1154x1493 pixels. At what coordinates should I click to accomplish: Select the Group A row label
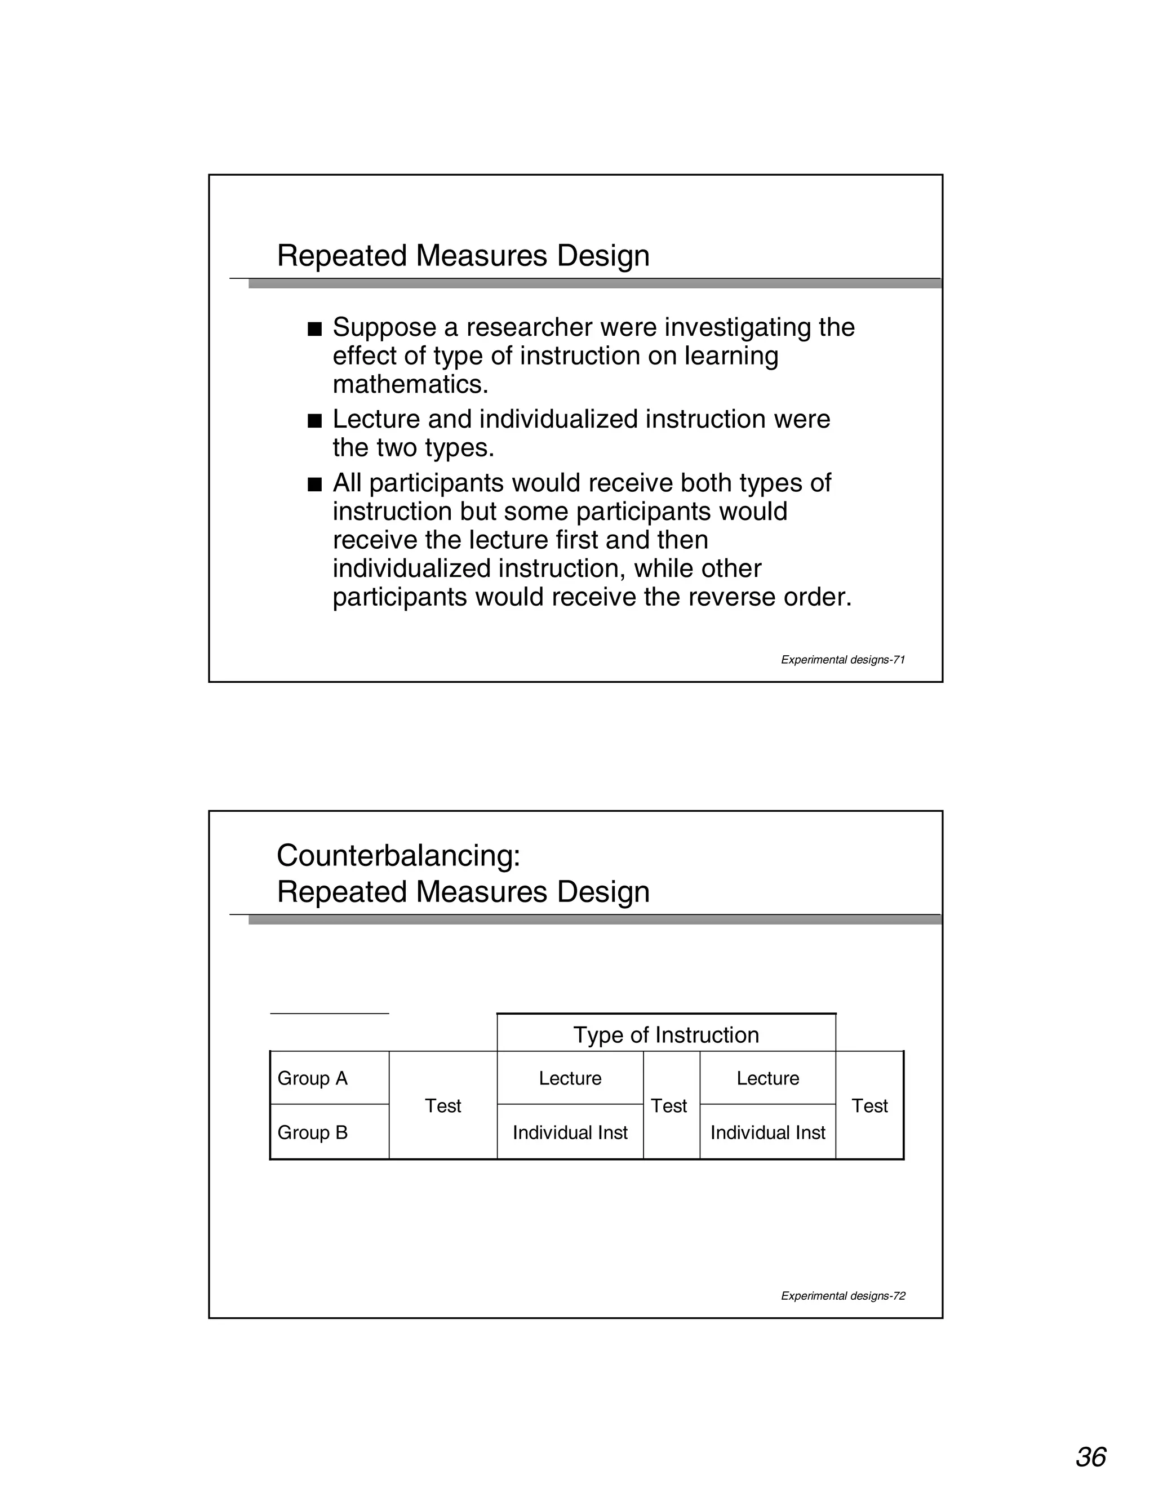click(312, 1078)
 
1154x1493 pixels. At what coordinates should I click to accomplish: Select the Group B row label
click(312, 1133)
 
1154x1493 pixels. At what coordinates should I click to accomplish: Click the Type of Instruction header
click(666, 1034)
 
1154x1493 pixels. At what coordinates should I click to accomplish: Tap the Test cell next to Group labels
click(443, 1105)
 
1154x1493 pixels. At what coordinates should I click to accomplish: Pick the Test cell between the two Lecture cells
click(669, 1105)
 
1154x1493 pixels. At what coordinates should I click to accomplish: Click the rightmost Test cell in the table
click(869, 1105)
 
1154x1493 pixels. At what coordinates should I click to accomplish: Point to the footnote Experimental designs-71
click(843, 660)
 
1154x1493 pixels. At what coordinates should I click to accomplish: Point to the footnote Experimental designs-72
click(843, 1295)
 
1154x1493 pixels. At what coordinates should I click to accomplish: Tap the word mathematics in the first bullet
click(410, 385)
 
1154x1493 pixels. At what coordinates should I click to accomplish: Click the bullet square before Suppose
click(314, 330)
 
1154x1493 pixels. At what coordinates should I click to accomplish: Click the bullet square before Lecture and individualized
click(314, 421)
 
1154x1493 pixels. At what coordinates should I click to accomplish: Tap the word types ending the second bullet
click(459, 449)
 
